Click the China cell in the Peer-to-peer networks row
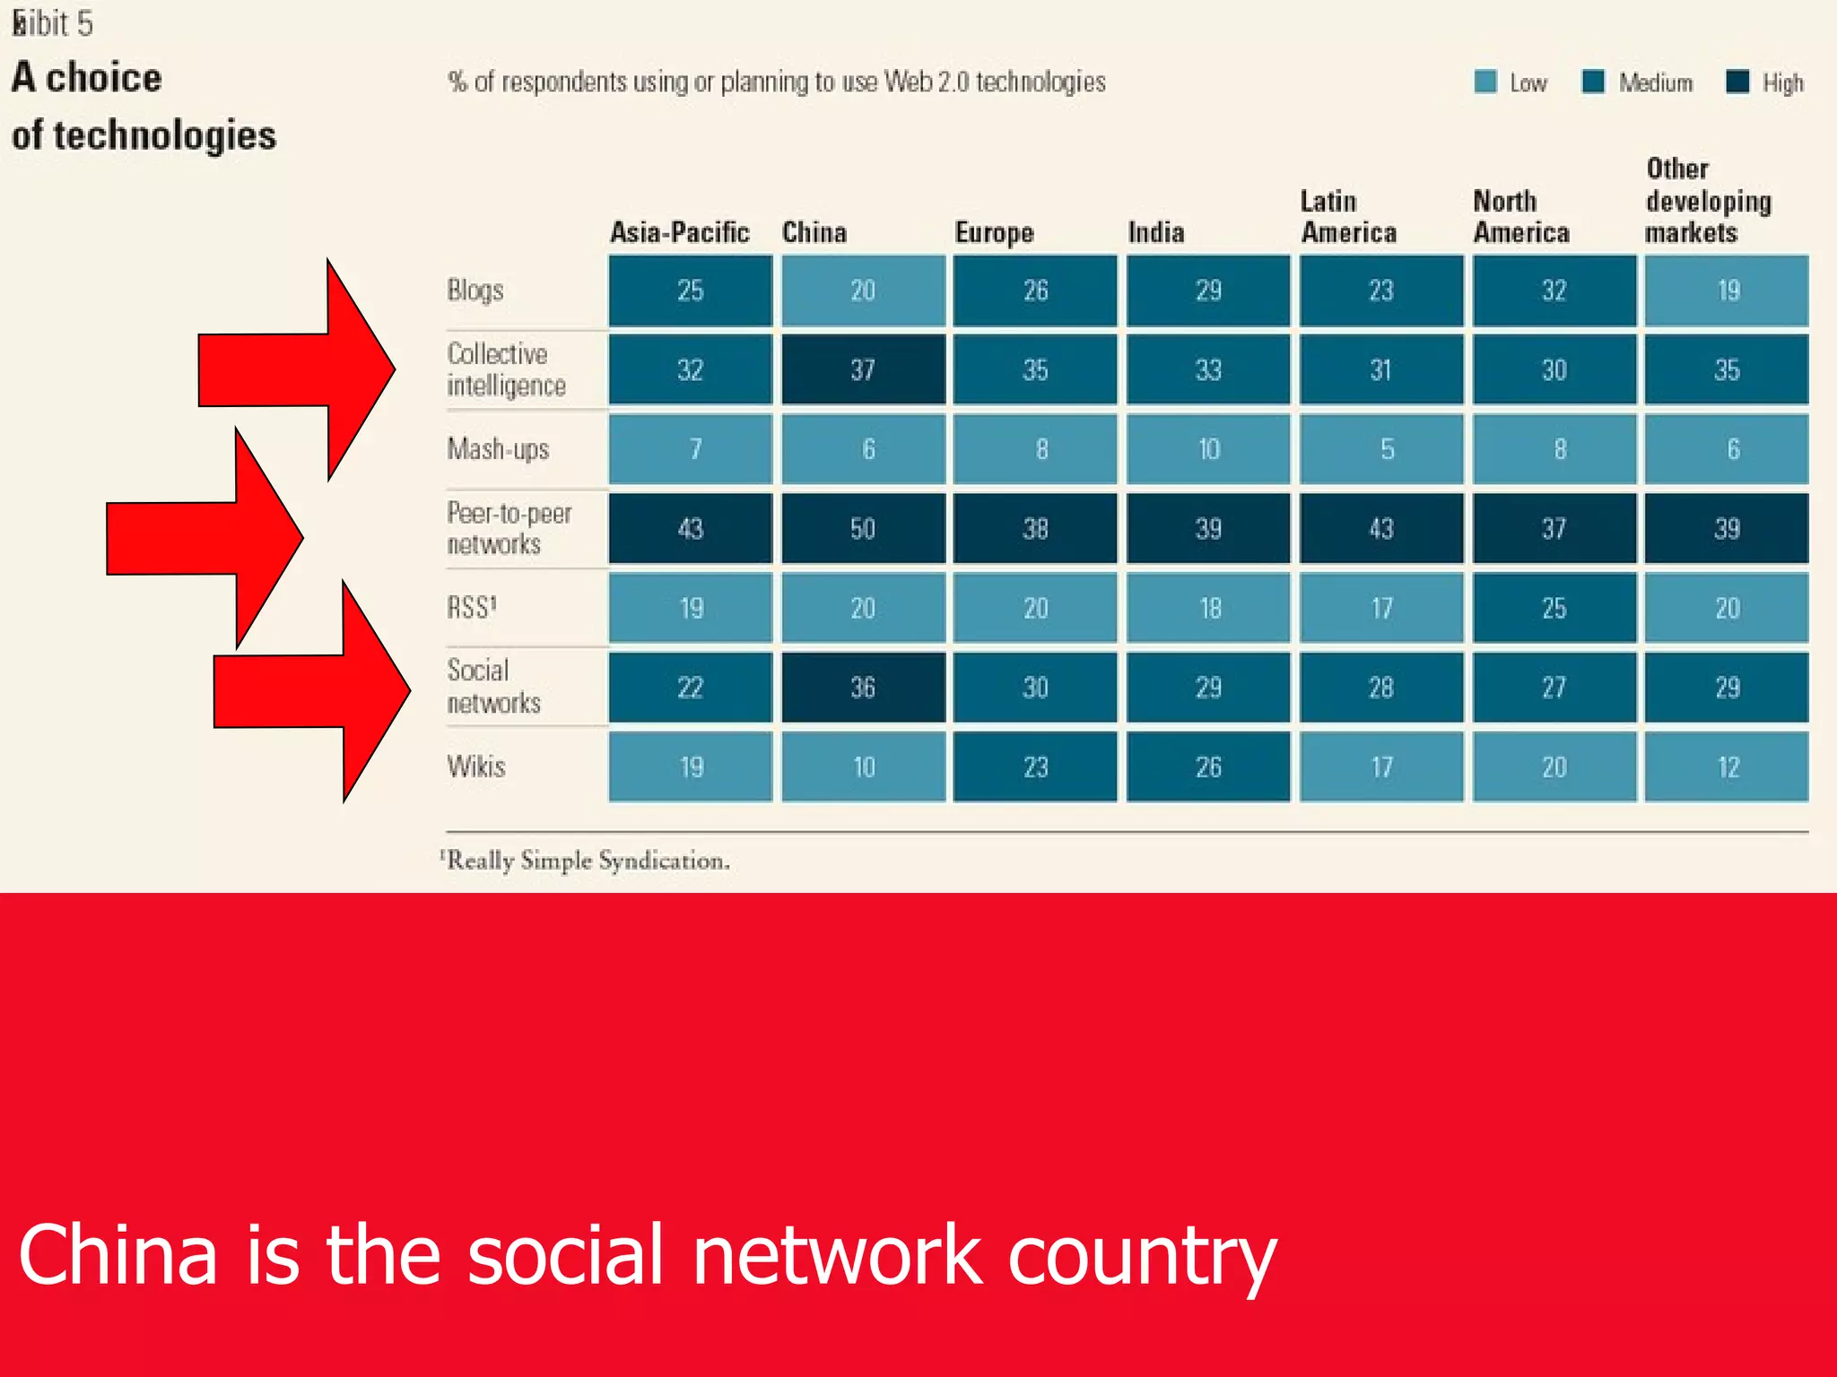(863, 528)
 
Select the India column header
(1156, 233)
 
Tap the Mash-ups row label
(498, 449)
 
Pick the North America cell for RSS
(1554, 608)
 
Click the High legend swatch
(1737, 82)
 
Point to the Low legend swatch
(1485, 82)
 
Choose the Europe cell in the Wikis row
(1035, 766)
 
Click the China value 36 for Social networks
(863, 688)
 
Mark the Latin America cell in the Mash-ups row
(1381, 449)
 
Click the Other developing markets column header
(1707, 201)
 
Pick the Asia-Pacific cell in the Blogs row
(690, 290)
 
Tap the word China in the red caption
(118, 1254)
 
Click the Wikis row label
(476, 766)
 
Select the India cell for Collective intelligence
(1208, 370)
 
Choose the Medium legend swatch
(1593, 82)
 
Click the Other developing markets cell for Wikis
(1727, 766)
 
